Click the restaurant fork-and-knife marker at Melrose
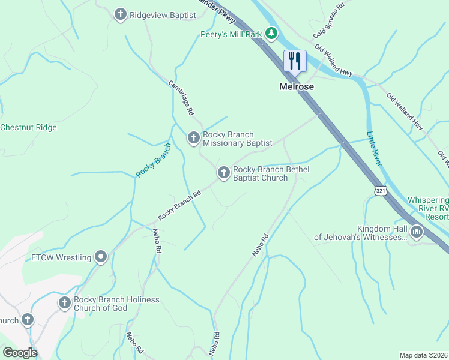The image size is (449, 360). click(x=295, y=61)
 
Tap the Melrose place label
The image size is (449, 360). click(x=297, y=86)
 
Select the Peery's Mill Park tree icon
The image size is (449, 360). click(x=272, y=34)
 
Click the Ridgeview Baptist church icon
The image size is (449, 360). click(x=121, y=14)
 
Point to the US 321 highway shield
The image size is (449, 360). click(x=381, y=191)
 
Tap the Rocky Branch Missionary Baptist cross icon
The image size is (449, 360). click(x=193, y=139)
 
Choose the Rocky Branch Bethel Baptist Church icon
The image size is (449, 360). click(x=223, y=173)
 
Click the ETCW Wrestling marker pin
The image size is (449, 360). click(x=101, y=257)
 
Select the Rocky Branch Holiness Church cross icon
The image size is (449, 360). click(x=64, y=304)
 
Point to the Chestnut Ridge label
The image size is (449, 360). click(x=28, y=127)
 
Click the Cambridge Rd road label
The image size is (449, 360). click(x=181, y=98)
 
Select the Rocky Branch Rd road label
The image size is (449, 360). click(x=179, y=206)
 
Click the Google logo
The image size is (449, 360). click(x=19, y=353)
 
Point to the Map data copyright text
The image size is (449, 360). click(x=423, y=355)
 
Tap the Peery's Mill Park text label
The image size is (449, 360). click(x=231, y=34)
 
